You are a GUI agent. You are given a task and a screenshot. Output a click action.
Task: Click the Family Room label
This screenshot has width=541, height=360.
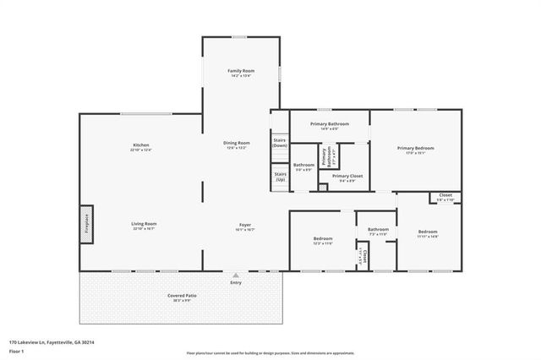click(x=242, y=72)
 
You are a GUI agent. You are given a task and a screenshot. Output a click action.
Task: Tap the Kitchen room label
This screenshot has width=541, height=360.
click(x=140, y=146)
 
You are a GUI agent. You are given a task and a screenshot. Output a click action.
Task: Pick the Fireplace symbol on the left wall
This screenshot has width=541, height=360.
click(x=87, y=225)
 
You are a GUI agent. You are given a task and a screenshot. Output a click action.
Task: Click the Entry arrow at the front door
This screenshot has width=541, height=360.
click(x=236, y=275)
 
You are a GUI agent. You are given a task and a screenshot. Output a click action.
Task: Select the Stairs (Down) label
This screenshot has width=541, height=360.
click(x=280, y=143)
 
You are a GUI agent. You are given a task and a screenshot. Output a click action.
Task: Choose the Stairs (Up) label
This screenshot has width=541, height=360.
click(x=280, y=177)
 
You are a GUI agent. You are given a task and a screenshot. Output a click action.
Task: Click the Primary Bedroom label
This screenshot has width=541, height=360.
click(x=416, y=150)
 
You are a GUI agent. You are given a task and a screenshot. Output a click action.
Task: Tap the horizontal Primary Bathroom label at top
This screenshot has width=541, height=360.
click(x=330, y=125)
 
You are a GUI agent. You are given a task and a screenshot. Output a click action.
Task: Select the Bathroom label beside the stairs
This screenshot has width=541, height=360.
click(x=303, y=166)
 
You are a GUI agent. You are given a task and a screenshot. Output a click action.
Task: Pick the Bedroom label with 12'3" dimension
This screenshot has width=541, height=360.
click(x=322, y=240)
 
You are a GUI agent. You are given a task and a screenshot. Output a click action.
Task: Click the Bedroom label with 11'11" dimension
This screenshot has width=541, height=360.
click(x=428, y=233)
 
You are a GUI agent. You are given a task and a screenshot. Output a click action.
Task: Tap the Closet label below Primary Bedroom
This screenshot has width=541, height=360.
click(x=445, y=196)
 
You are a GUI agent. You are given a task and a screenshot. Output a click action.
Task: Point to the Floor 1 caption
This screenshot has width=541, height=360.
click(x=17, y=349)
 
